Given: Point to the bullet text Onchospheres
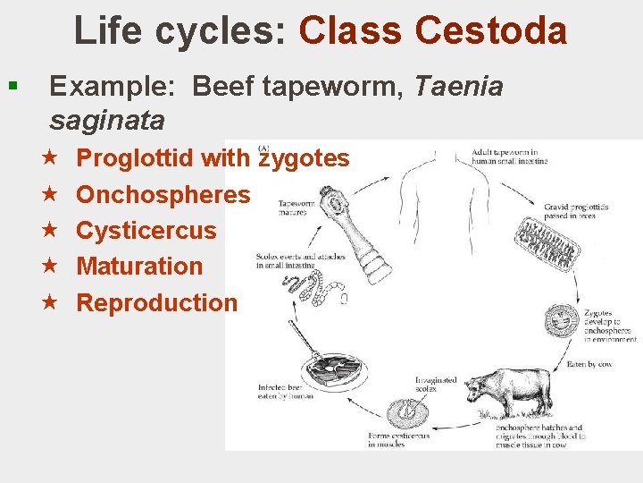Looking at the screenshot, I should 163,194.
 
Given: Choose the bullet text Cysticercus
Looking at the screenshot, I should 146,230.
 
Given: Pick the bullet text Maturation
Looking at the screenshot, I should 140,266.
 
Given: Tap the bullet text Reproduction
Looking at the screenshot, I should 157,302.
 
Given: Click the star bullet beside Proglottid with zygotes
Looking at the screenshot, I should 51,158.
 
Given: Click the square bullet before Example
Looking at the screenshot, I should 12,87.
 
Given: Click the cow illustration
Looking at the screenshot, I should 500,393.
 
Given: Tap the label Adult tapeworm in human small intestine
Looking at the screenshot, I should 509,156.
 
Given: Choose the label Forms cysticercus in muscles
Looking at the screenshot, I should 399,439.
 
